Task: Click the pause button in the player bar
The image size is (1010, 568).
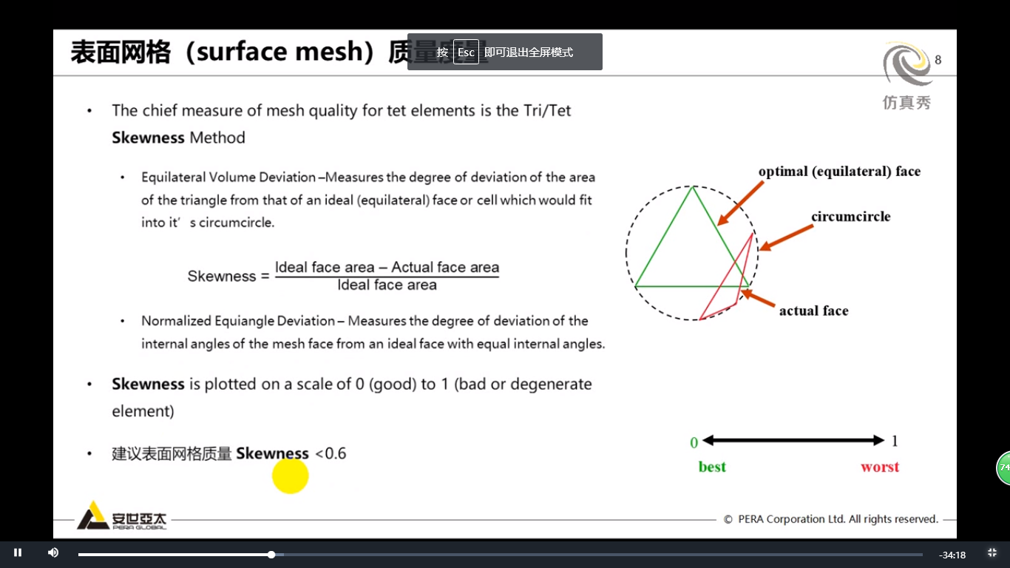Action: tap(18, 552)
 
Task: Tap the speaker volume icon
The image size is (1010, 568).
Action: tap(53, 552)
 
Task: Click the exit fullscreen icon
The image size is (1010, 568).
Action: tap(992, 552)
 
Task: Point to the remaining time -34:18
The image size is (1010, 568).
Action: tap(952, 555)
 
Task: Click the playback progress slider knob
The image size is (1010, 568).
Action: tap(271, 554)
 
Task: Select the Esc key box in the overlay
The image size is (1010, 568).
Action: tap(466, 53)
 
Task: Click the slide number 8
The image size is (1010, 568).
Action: tap(938, 60)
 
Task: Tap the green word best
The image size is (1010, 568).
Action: tap(712, 467)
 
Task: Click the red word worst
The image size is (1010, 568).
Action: tap(880, 467)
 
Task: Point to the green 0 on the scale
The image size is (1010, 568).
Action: tap(694, 442)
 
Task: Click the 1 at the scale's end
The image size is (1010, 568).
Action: tap(895, 441)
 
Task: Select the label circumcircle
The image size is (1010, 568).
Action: tap(850, 217)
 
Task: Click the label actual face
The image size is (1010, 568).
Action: tap(813, 311)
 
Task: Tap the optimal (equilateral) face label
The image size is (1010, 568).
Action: tap(839, 172)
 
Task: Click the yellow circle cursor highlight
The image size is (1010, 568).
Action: tap(290, 476)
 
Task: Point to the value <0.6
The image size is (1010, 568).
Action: tap(331, 453)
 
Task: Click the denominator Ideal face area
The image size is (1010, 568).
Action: tap(387, 285)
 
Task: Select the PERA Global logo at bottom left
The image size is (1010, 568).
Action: tap(122, 515)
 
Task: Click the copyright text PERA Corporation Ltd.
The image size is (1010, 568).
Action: tap(831, 519)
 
